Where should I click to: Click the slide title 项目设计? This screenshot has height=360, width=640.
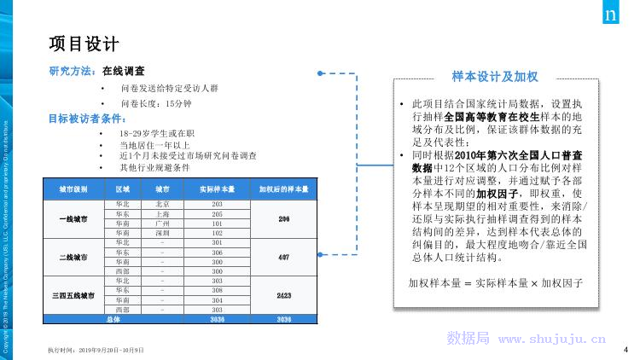(x=83, y=44)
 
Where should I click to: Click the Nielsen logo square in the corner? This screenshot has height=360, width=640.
(x=611, y=15)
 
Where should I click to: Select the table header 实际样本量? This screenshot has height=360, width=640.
(x=217, y=189)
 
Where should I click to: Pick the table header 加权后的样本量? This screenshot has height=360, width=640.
(x=283, y=189)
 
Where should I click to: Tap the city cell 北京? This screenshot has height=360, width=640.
(x=163, y=205)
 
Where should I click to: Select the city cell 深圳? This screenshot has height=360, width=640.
(x=163, y=232)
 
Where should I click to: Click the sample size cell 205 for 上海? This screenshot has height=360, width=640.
(x=217, y=214)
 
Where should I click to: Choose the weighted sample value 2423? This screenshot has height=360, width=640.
(x=283, y=294)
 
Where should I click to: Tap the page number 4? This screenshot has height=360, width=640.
(x=625, y=349)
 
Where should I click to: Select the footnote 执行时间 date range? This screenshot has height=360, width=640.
(x=96, y=351)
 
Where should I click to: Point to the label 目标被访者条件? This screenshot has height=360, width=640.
(x=84, y=119)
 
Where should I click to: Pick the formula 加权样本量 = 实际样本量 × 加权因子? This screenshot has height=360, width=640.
(x=495, y=282)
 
